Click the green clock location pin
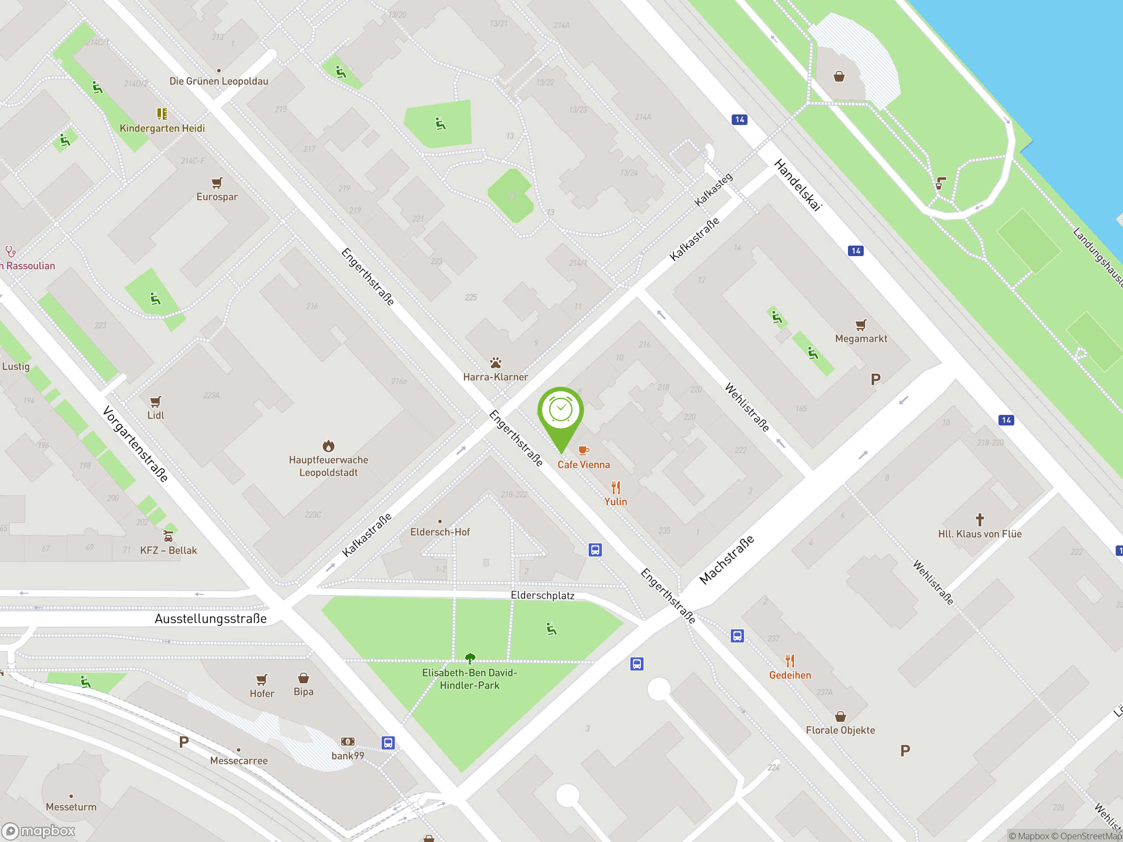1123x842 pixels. click(x=561, y=411)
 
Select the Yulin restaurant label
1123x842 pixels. click(x=615, y=501)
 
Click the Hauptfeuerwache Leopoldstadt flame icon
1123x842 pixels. click(x=329, y=446)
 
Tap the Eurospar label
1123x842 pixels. click(x=217, y=197)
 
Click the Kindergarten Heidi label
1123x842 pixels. click(x=162, y=128)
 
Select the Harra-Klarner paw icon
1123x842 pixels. click(x=496, y=363)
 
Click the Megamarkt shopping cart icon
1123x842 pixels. click(x=861, y=325)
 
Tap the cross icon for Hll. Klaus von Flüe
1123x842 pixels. click(x=979, y=520)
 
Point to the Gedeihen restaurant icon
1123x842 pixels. click(x=790, y=660)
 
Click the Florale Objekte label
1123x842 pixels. click(x=840, y=730)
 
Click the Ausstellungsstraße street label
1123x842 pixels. click(x=211, y=619)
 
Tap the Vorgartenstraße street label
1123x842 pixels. click(x=135, y=444)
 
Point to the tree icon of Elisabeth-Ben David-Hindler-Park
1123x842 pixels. click(x=470, y=658)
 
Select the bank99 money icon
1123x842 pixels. click(x=348, y=742)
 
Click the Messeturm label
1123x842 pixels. click(x=71, y=806)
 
